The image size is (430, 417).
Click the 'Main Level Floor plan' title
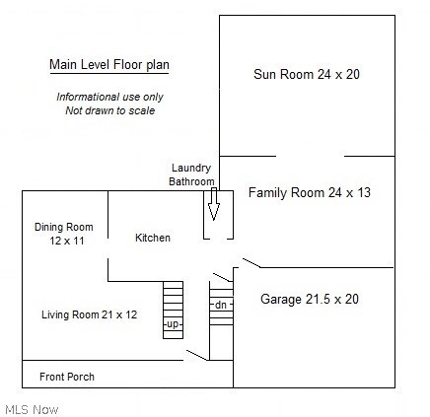click(109, 65)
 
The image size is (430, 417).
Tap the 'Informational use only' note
click(109, 97)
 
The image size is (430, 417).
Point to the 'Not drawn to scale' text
click(109, 110)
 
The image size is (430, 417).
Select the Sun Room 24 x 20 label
click(306, 74)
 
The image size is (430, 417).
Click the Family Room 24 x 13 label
click(309, 192)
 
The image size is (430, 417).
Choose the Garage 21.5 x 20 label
click(310, 299)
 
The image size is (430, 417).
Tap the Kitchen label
click(153, 238)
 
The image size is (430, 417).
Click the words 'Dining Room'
click(64, 228)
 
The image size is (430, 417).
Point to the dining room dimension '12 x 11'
click(64, 241)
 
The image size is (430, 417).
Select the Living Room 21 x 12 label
click(90, 314)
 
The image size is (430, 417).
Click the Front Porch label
click(67, 377)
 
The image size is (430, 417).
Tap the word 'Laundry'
click(191, 168)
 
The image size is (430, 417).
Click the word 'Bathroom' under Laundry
click(191, 181)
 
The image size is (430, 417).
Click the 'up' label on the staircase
click(173, 324)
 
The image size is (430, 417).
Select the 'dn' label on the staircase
click(221, 305)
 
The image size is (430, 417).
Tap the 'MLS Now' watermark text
click(32, 408)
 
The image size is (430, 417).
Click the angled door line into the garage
click(251, 263)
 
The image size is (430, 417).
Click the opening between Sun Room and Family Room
click(310, 156)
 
